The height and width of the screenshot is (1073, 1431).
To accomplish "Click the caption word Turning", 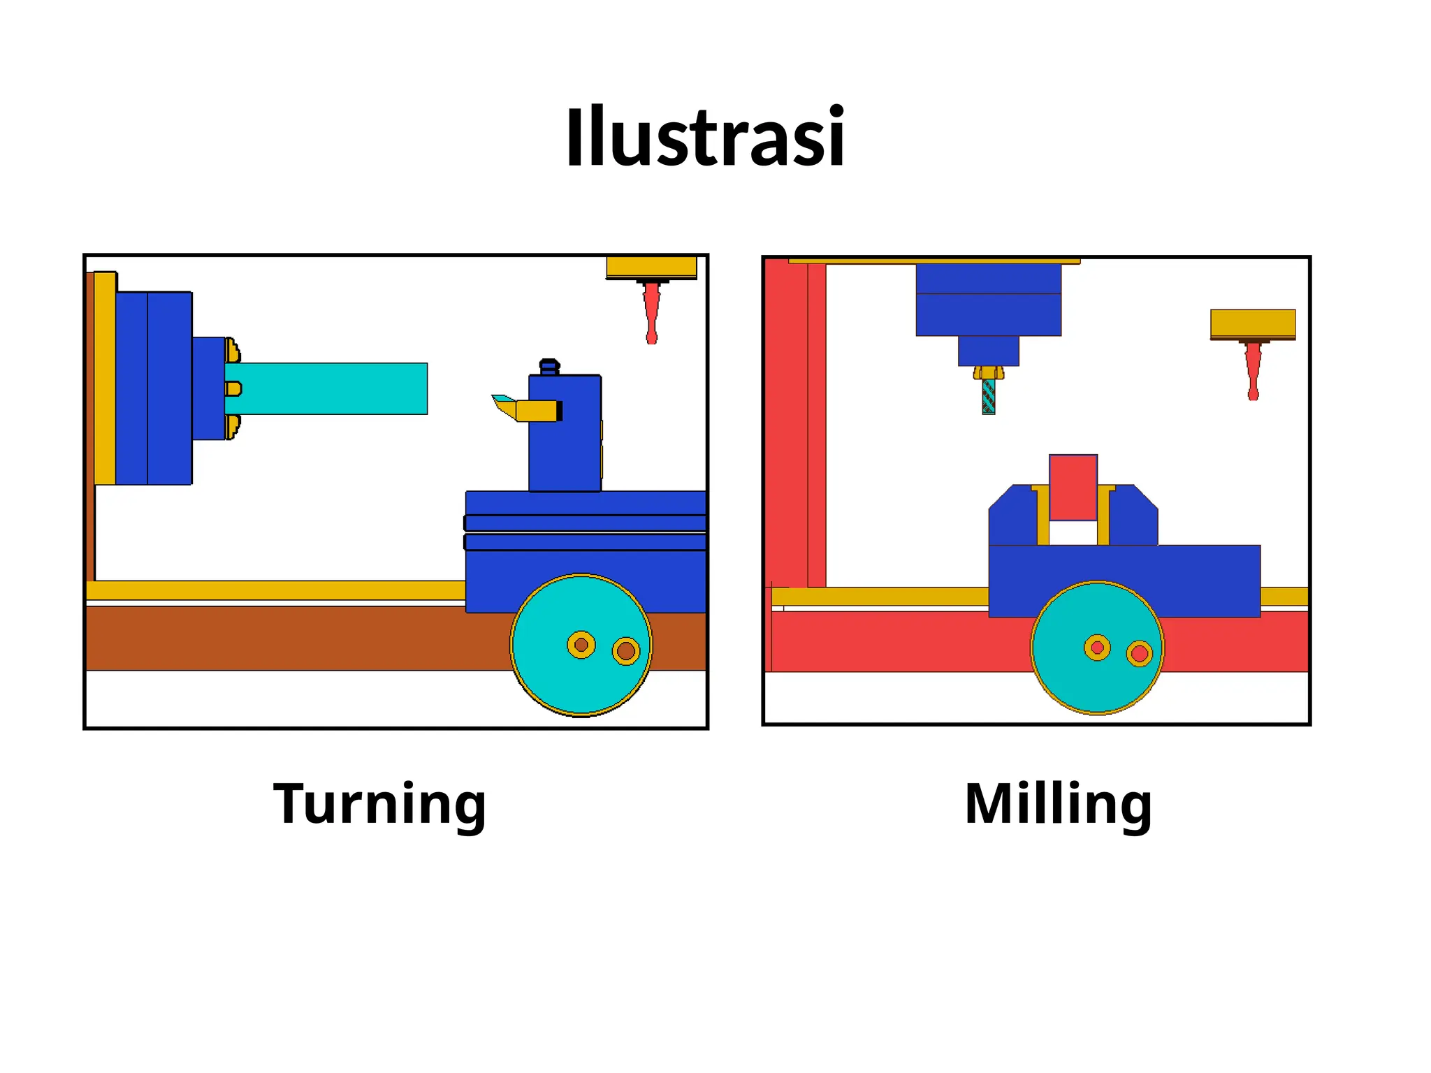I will [379, 803].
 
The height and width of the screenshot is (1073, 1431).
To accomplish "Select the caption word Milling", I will [1058, 803].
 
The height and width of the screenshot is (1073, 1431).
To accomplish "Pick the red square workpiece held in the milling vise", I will [1073, 487].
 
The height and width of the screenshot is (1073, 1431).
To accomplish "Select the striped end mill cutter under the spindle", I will [988, 397].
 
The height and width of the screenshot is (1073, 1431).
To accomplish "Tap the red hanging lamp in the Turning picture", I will [651, 311].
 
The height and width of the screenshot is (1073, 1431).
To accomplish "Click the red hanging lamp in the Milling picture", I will [1253, 369].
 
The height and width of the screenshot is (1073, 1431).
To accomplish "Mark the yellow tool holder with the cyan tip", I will [535, 410].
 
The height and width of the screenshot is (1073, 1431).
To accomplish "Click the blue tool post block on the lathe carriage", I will [565, 440].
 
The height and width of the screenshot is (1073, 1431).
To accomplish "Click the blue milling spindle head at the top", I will [988, 300].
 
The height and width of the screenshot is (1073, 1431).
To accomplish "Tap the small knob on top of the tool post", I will [550, 367].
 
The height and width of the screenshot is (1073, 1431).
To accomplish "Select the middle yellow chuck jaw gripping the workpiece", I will [233, 388].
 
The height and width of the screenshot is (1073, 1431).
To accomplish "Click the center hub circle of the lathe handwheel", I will [581, 645].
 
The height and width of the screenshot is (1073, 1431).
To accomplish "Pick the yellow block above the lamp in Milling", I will [1253, 323].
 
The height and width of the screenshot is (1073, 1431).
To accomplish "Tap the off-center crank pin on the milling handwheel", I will [1140, 654].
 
